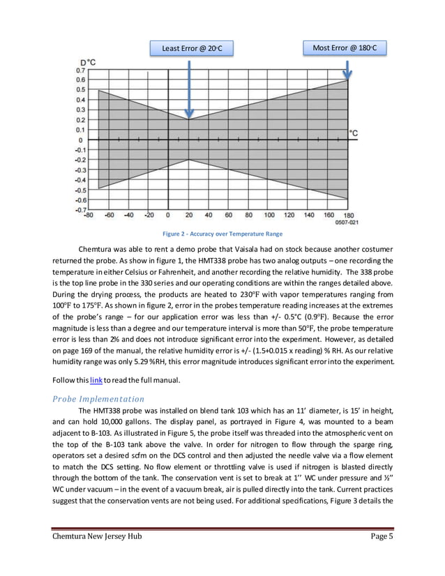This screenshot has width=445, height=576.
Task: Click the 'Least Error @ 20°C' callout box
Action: (192, 48)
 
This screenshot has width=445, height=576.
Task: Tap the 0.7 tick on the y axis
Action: (82, 70)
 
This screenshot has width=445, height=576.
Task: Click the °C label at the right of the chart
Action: (354, 132)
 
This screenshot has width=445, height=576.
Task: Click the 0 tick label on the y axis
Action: (81, 139)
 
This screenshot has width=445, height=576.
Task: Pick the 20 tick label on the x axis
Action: (189, 215)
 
